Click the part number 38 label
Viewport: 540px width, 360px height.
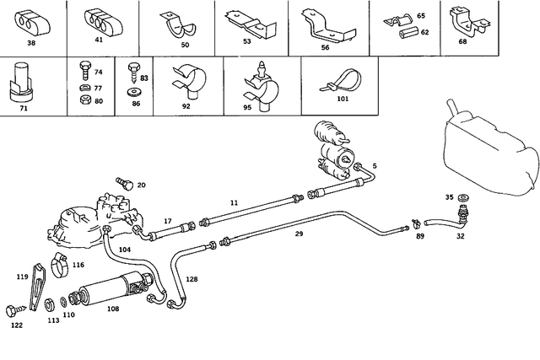[x=31, y=41]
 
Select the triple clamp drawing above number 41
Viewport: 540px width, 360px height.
[x=100, y=21]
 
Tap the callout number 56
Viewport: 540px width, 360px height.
[x=324, y=49]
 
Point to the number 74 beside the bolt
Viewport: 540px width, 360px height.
[x=98, y=73]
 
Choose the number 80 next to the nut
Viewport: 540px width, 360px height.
[x=98, y=100]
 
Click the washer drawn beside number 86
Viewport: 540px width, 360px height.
[x=132, y=89]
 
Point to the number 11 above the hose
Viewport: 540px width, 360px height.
[x=210, y=204]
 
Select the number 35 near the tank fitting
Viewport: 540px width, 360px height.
[x=425, y=197]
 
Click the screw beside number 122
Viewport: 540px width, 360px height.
[x=13, y=309]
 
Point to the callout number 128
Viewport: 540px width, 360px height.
[x=192, y=278]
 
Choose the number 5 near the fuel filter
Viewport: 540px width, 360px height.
[x=374, y=166]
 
